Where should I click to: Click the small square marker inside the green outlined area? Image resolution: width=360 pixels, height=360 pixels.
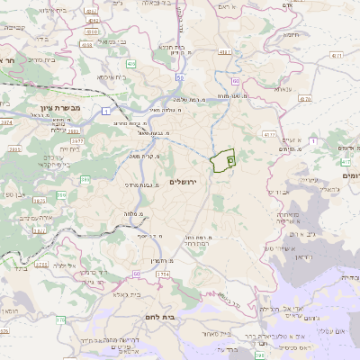[x=229, y=159]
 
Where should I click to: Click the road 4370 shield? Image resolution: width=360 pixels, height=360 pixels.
[x=304, y=99]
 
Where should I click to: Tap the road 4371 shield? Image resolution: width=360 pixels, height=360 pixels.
[x=337, y=56]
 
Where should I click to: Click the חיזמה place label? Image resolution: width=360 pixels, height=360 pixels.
[x=292, y=35]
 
